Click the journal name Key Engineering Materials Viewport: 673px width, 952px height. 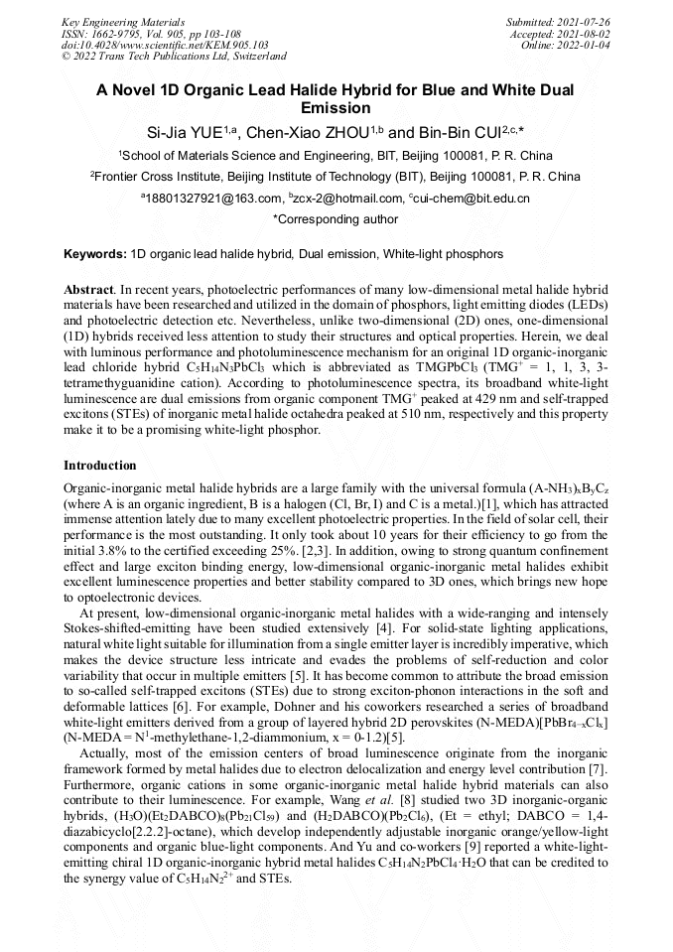click(x=123, y=21)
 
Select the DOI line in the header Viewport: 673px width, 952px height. click(x=165, y=45)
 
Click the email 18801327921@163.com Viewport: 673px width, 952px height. click(x=211, y=199)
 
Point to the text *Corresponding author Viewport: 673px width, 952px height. click(x=336, y=219)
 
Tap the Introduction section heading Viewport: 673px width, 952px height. click(x=99, y=466)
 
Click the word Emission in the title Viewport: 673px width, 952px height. click(x=336, y=108)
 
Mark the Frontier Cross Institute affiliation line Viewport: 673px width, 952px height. click(x=336, y=177)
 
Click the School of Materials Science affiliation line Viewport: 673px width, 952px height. click(x=336, y=156)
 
